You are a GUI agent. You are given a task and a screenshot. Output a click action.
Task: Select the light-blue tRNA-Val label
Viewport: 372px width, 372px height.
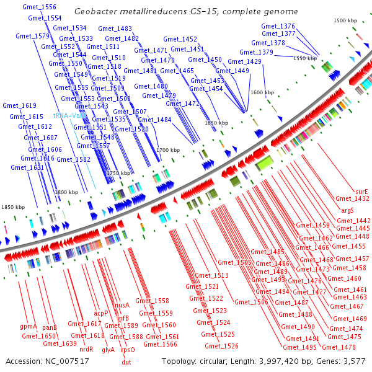click(69, 115)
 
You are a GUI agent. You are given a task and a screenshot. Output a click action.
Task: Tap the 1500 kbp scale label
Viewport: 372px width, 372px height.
click(345, 21)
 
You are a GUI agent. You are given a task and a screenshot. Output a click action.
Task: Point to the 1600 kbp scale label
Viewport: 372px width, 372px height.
click(262, 92)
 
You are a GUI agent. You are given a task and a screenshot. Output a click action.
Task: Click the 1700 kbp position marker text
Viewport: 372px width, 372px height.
click(167, 150)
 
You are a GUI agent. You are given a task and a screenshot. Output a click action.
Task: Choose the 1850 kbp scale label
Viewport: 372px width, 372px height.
click(12, 206)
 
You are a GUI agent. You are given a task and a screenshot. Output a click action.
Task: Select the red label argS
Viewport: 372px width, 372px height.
click(348, 211)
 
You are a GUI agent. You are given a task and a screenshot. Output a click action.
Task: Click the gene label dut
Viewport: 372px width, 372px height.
click(126, 362)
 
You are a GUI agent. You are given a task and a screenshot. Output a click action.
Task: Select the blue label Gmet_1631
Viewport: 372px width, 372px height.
click(27, 167)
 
